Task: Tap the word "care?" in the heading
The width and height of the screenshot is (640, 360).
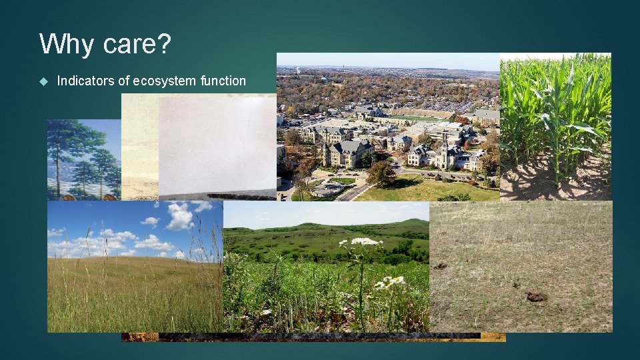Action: pos(137,45)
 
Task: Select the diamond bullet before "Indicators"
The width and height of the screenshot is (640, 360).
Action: pos(43,81)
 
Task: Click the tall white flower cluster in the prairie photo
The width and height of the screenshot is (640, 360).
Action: pos(364,242)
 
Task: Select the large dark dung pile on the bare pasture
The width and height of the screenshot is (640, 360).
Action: pos(537,296)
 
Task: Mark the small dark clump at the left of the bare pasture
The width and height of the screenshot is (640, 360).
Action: pos(440,266)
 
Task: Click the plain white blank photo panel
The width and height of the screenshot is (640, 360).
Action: pos(217,143)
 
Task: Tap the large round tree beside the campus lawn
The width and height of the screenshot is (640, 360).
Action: pos(381,173)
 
